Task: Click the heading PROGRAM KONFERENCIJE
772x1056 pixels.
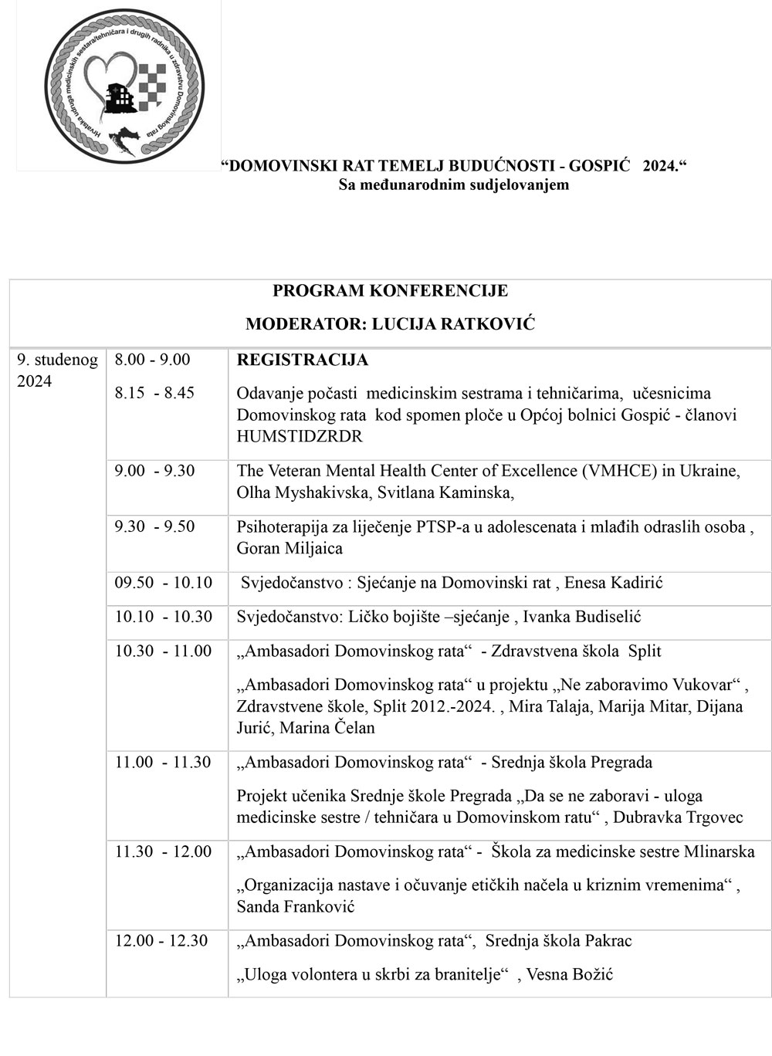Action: point(390,291)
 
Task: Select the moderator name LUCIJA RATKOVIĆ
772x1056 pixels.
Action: point(453,324)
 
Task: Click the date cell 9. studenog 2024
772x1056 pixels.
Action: point(58,371)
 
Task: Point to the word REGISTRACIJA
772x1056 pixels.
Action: point(302,360)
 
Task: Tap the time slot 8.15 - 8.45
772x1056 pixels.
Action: point(154,393)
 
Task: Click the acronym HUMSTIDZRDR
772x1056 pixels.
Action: point(300,436)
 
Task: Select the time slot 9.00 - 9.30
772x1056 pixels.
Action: point(154,471)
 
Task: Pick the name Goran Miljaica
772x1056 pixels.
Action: point(289,549)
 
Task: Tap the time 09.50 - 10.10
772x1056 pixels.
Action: point(163,583)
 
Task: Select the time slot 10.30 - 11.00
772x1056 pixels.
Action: point(163,651)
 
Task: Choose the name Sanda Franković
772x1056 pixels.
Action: point(296,907)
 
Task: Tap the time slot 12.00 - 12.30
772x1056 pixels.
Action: point(161,941)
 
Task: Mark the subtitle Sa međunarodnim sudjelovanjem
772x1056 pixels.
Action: point(454,184)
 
